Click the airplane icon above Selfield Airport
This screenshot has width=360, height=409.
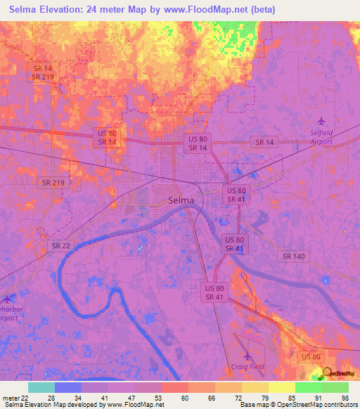point(322,119)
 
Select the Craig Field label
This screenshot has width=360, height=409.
point(247,365)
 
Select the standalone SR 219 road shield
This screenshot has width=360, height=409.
point(53,183)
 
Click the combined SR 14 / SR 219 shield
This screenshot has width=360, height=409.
point(43,72)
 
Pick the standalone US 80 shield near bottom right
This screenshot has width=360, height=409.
point(311,358)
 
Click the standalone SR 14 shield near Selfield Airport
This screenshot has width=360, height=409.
point(264,142)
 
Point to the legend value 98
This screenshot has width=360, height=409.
point(343,398)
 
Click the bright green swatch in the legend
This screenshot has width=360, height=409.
point(308,387)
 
